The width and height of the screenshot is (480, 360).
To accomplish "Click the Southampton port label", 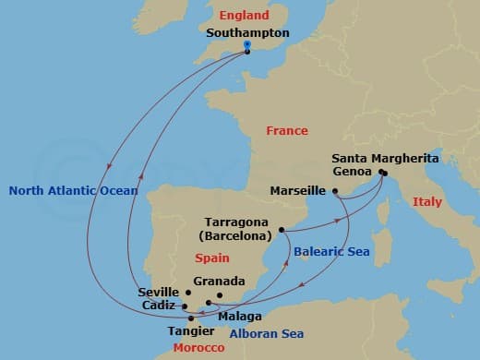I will tap(247, 32).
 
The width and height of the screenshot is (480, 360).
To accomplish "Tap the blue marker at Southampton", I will tap(247, 45).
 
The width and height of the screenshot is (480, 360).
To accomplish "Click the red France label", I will tap(286, 131).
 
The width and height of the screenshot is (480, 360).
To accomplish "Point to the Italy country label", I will tap(427, 201).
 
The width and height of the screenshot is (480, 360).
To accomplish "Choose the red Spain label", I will tap(212, 258).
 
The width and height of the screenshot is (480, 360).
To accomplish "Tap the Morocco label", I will tap(198, 347).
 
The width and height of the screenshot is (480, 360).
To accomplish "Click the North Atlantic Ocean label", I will tap(73, 191).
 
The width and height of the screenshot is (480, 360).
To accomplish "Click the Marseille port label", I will tap(298, 191).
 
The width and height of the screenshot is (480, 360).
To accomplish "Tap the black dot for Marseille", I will tap(335, 191).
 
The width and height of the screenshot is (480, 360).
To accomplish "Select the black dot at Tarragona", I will tap(281, 230).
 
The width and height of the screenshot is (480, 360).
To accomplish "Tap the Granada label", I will tap(220, 282).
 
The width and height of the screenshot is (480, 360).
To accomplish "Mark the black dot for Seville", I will tap(188, 293).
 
